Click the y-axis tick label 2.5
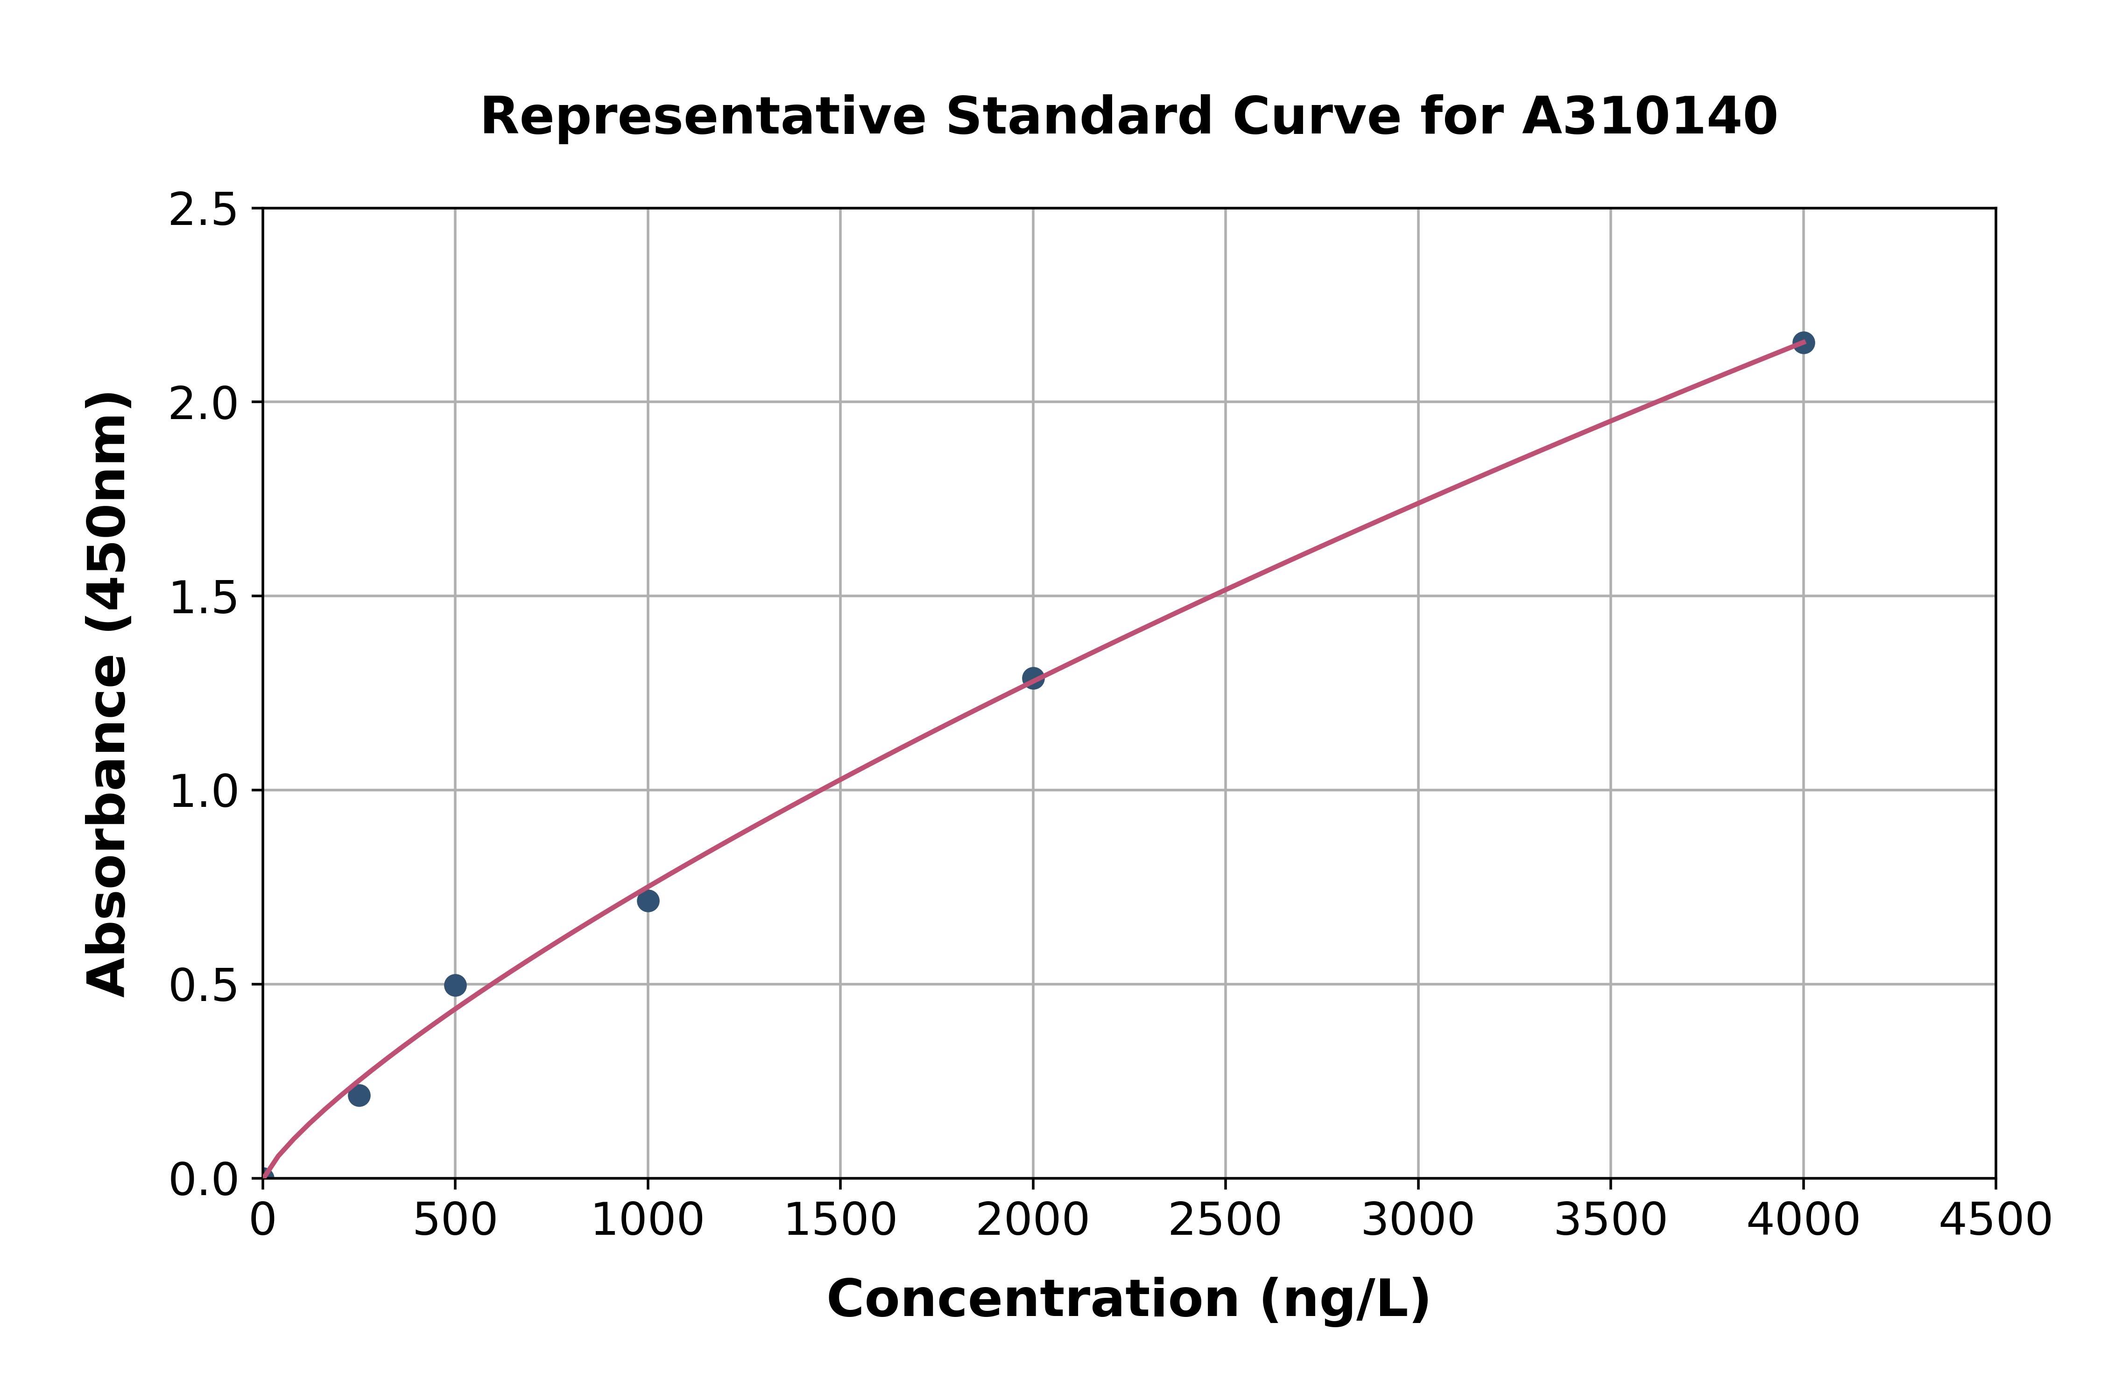click(204, 210)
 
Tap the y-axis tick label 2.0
click(204, 404)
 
